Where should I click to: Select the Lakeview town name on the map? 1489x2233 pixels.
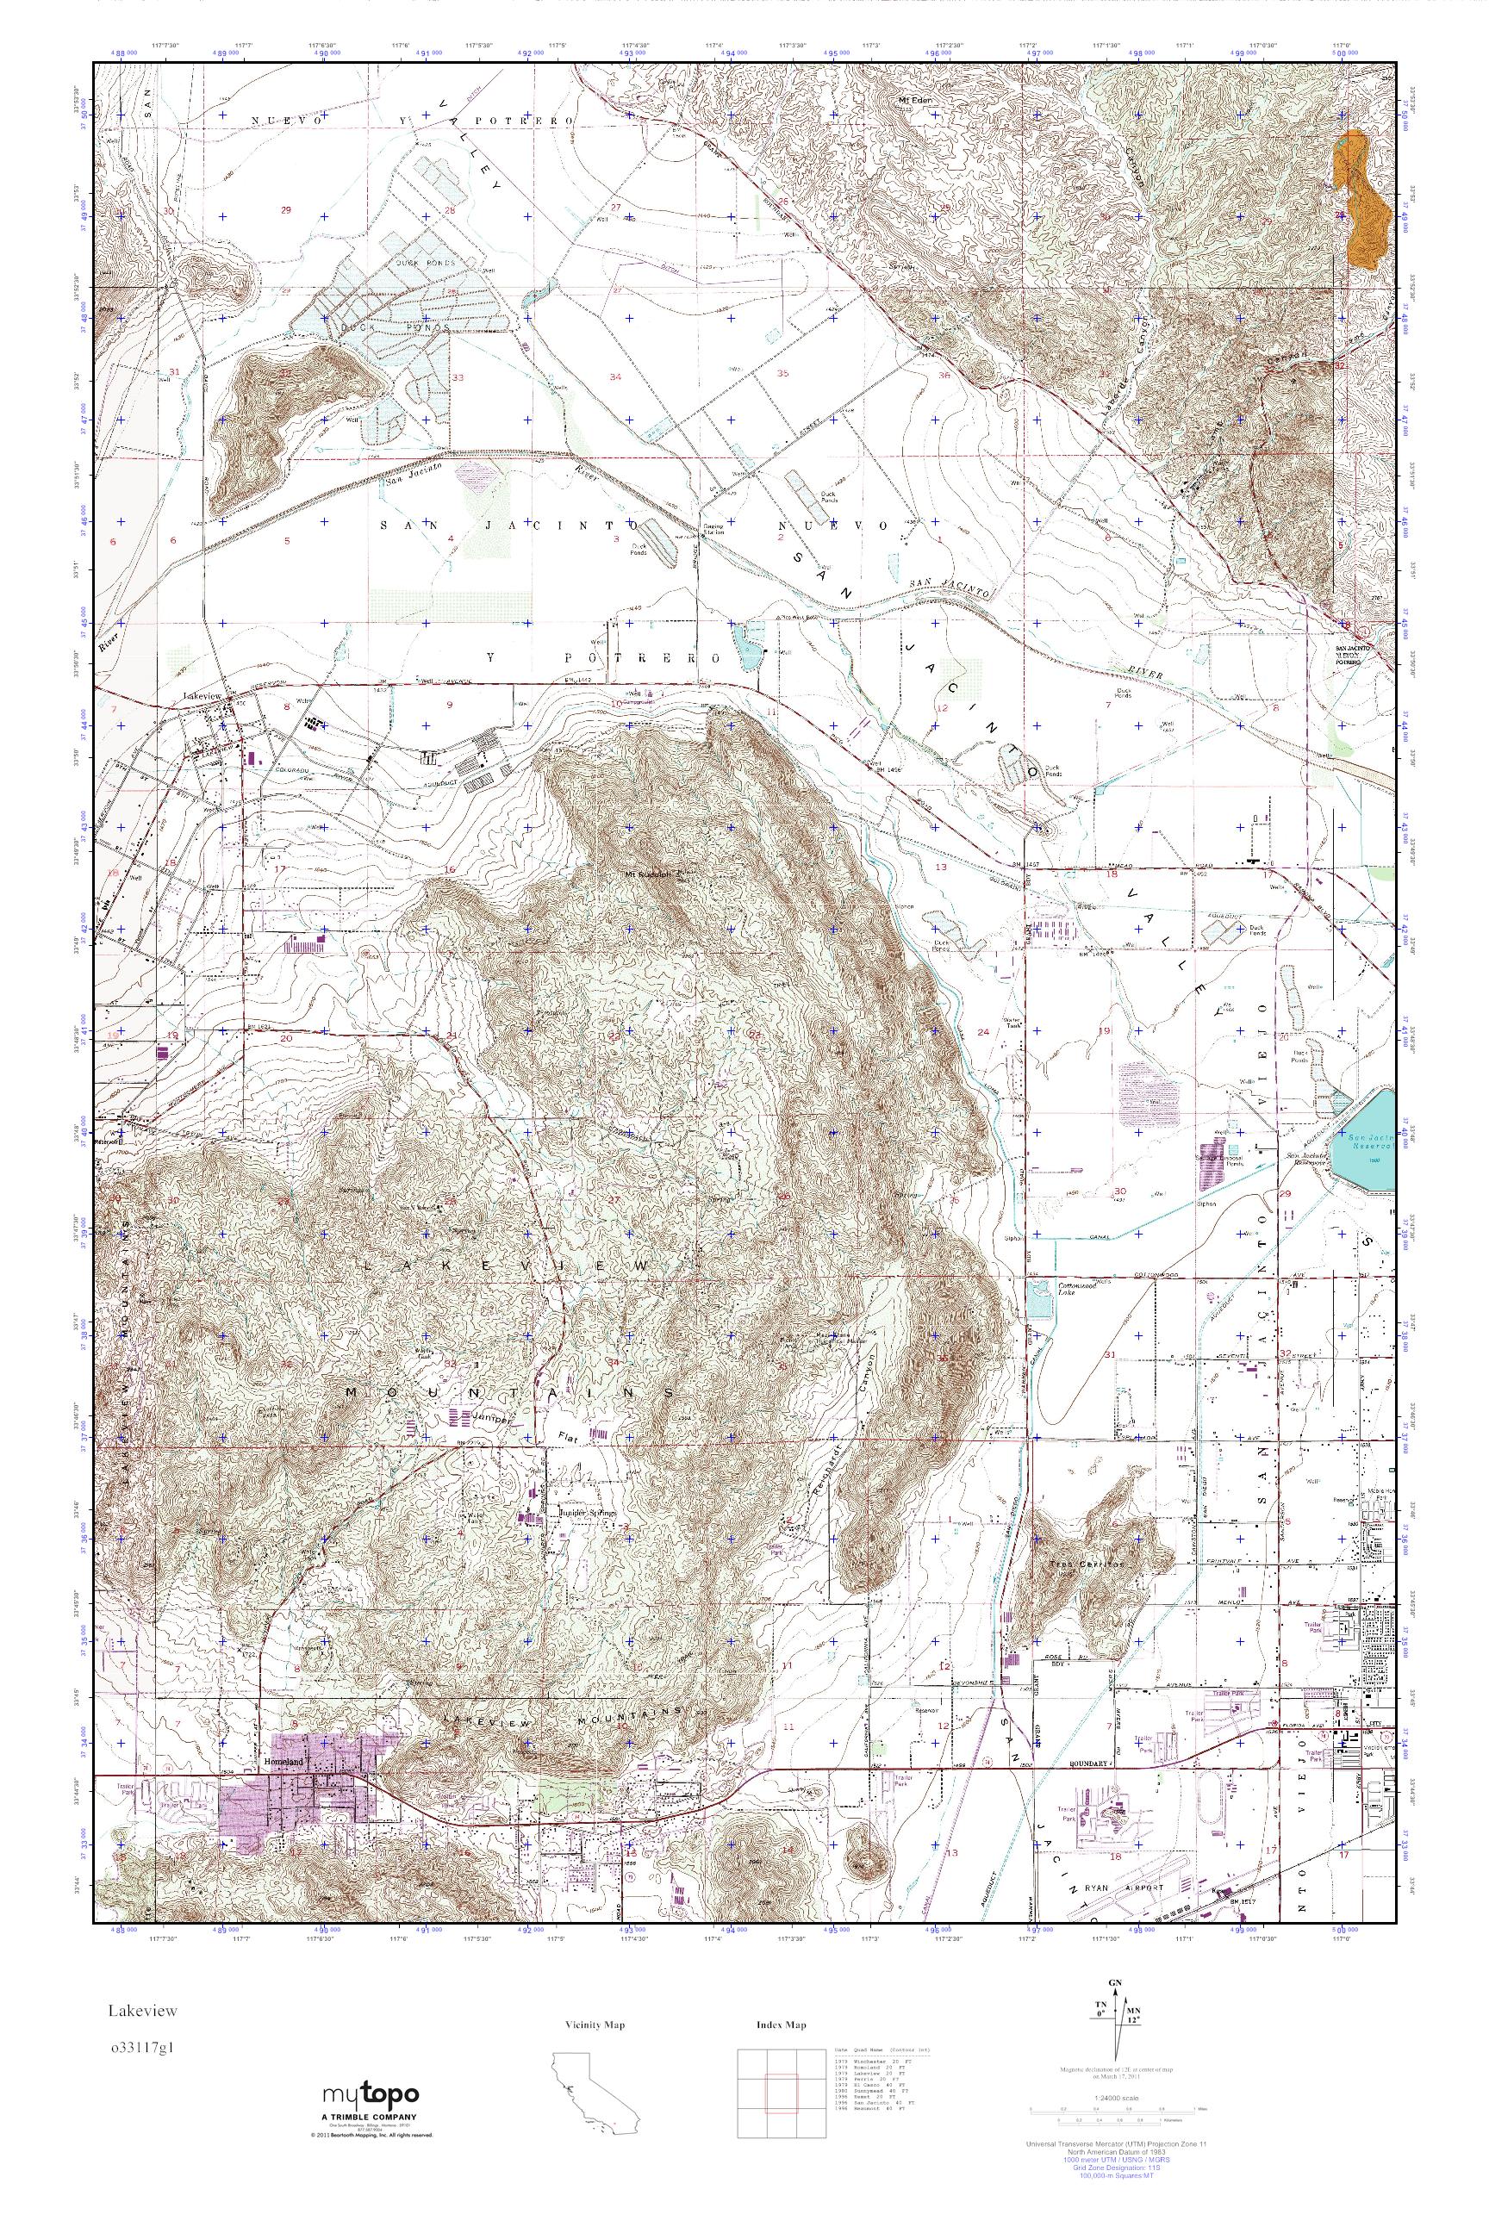point(201,696)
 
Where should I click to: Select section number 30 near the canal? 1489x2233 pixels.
point(1120,1191)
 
